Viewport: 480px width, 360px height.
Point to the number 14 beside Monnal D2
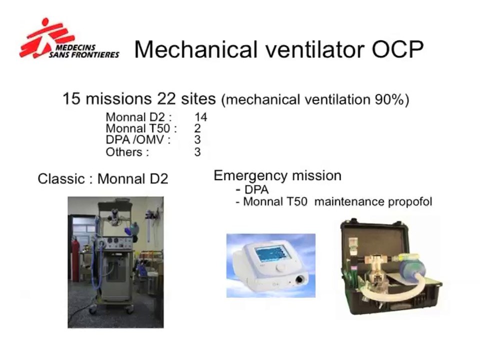pyautogui.click(x=200, y=117)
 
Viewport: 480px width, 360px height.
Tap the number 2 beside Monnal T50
pyautogui.click(x=197, y=129)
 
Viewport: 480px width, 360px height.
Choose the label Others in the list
pyautogui.click(x=127, y=152)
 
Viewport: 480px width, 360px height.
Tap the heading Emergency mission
pyautogui.click(x=277, y=176)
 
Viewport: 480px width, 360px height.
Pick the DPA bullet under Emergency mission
pyautogui.click(x=256, y=190)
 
